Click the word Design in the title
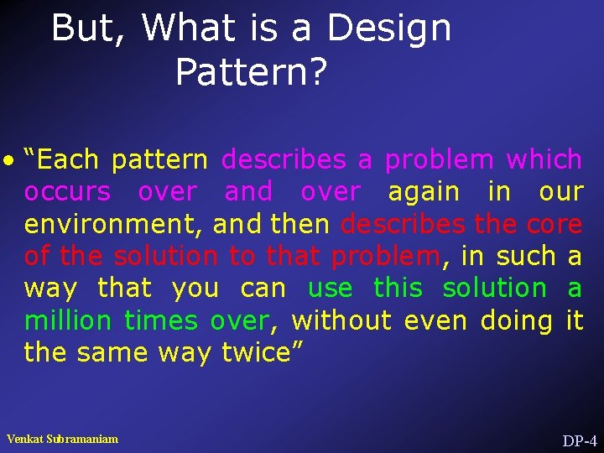(388, 29)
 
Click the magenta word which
(544, 159)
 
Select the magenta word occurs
(67, 192)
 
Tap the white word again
(424, 192)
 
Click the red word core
(554, 224)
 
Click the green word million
(68, 320)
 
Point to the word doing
(516, 320)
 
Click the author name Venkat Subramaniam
(62, 439)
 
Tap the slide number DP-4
(579, 440)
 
